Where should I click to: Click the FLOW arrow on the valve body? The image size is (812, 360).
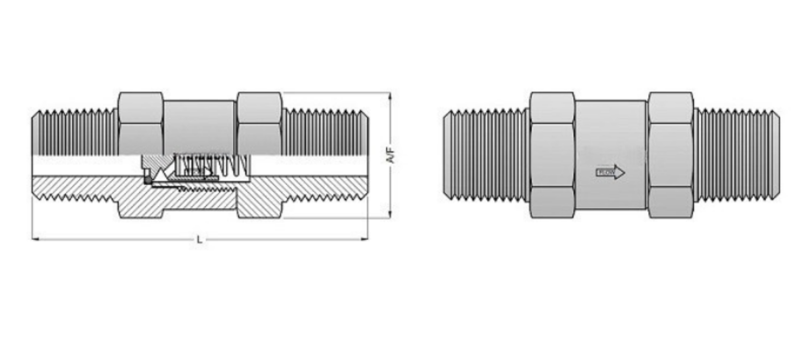610,173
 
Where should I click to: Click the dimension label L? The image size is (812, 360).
199,240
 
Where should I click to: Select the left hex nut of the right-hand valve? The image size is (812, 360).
552,155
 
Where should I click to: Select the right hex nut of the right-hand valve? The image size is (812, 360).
670,155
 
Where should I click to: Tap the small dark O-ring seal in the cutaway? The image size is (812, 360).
147,179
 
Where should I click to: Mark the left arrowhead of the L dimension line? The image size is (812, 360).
34,238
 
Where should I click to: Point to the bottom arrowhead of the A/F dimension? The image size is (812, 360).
390,215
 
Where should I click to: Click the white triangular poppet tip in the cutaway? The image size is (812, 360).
161,175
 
